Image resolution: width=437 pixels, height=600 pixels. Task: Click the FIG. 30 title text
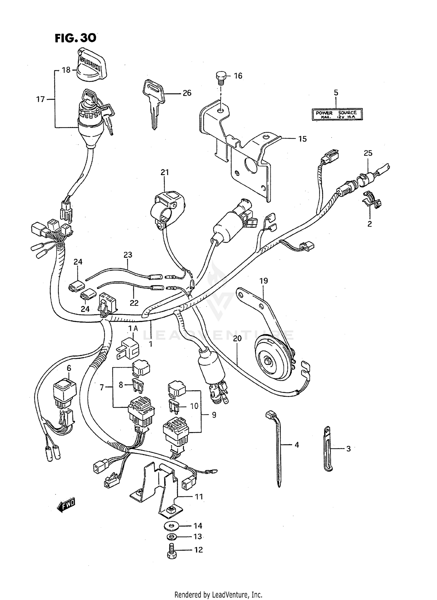[x=75, y=38]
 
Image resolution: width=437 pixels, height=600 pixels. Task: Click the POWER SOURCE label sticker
[x=337, y=114]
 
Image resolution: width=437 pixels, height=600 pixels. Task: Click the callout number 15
[x=303, y=139]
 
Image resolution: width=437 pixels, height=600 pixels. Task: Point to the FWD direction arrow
[x=66, y=506]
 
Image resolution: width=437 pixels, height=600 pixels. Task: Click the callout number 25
[x=368, y=153]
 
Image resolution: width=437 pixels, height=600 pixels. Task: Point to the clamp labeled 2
[x=371, y=200]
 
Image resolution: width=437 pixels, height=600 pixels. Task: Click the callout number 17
[x=40, y=99]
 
